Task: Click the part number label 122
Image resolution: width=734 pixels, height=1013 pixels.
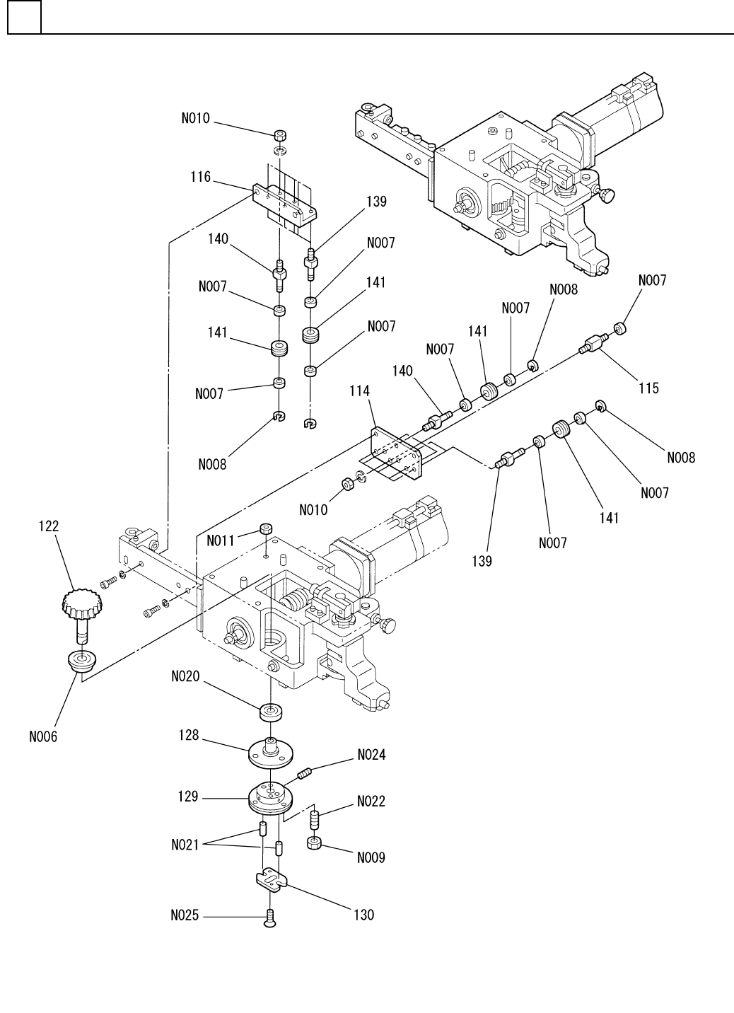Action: tap(49, 526)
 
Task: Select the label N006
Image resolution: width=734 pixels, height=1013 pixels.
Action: tap(43, 736)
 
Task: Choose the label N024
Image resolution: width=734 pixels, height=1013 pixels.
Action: tap(371, 755)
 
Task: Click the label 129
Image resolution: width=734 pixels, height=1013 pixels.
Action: tap(188, 797)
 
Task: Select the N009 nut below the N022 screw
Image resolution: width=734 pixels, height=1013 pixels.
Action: tap(314, 843)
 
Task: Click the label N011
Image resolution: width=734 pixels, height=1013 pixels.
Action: tap(221, 540)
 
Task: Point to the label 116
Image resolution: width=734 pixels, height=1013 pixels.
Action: tap(200, 177)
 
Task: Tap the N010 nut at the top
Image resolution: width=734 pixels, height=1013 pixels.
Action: tap(281, 135)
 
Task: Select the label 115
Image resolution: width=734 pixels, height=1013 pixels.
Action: tap(648, 388)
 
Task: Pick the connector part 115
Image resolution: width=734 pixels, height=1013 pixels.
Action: tap(593, 344)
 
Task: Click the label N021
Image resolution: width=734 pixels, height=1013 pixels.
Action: tap(185, 845)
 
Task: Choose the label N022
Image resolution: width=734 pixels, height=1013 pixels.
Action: tap(371, 801)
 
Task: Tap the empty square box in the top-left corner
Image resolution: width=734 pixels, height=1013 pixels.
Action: tap(25, 17)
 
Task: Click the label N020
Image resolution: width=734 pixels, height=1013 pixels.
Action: tap(185, 676)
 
